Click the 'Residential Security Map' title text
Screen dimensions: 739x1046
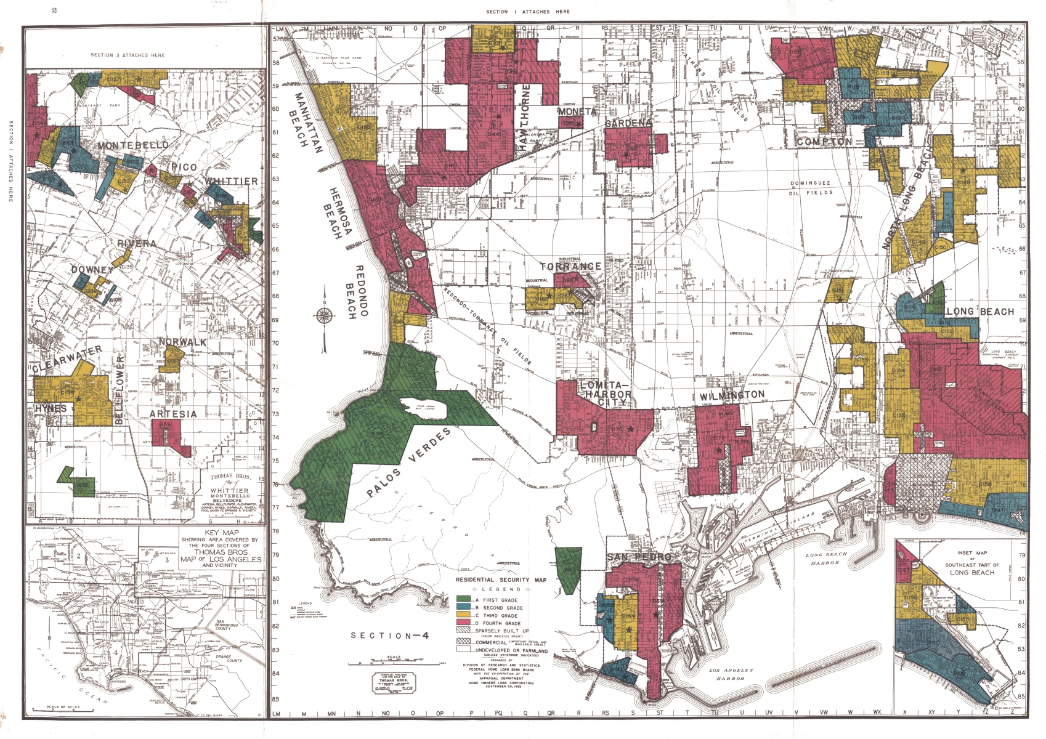tap(501, 580)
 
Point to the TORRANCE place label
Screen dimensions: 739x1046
tap(571, 267)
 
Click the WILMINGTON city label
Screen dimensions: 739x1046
tap(732, 395)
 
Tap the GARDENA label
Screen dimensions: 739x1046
tap(628, 123)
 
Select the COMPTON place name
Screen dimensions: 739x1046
tap(824, 142)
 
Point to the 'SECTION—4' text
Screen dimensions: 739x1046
tap(389, 636)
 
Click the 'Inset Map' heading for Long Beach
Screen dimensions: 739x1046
tap(972, 553)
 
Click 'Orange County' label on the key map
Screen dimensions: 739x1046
tap(224, 660)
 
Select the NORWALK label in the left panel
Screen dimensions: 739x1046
tap(182, 342)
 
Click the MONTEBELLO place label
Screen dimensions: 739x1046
tap(133, 145)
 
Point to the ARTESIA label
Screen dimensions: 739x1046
tap(173, 414)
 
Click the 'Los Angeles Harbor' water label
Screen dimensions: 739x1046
tap(731, 674)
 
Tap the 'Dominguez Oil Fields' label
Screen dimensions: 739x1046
tap(811, 188)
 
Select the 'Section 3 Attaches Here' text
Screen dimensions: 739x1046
tap(128, 55)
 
